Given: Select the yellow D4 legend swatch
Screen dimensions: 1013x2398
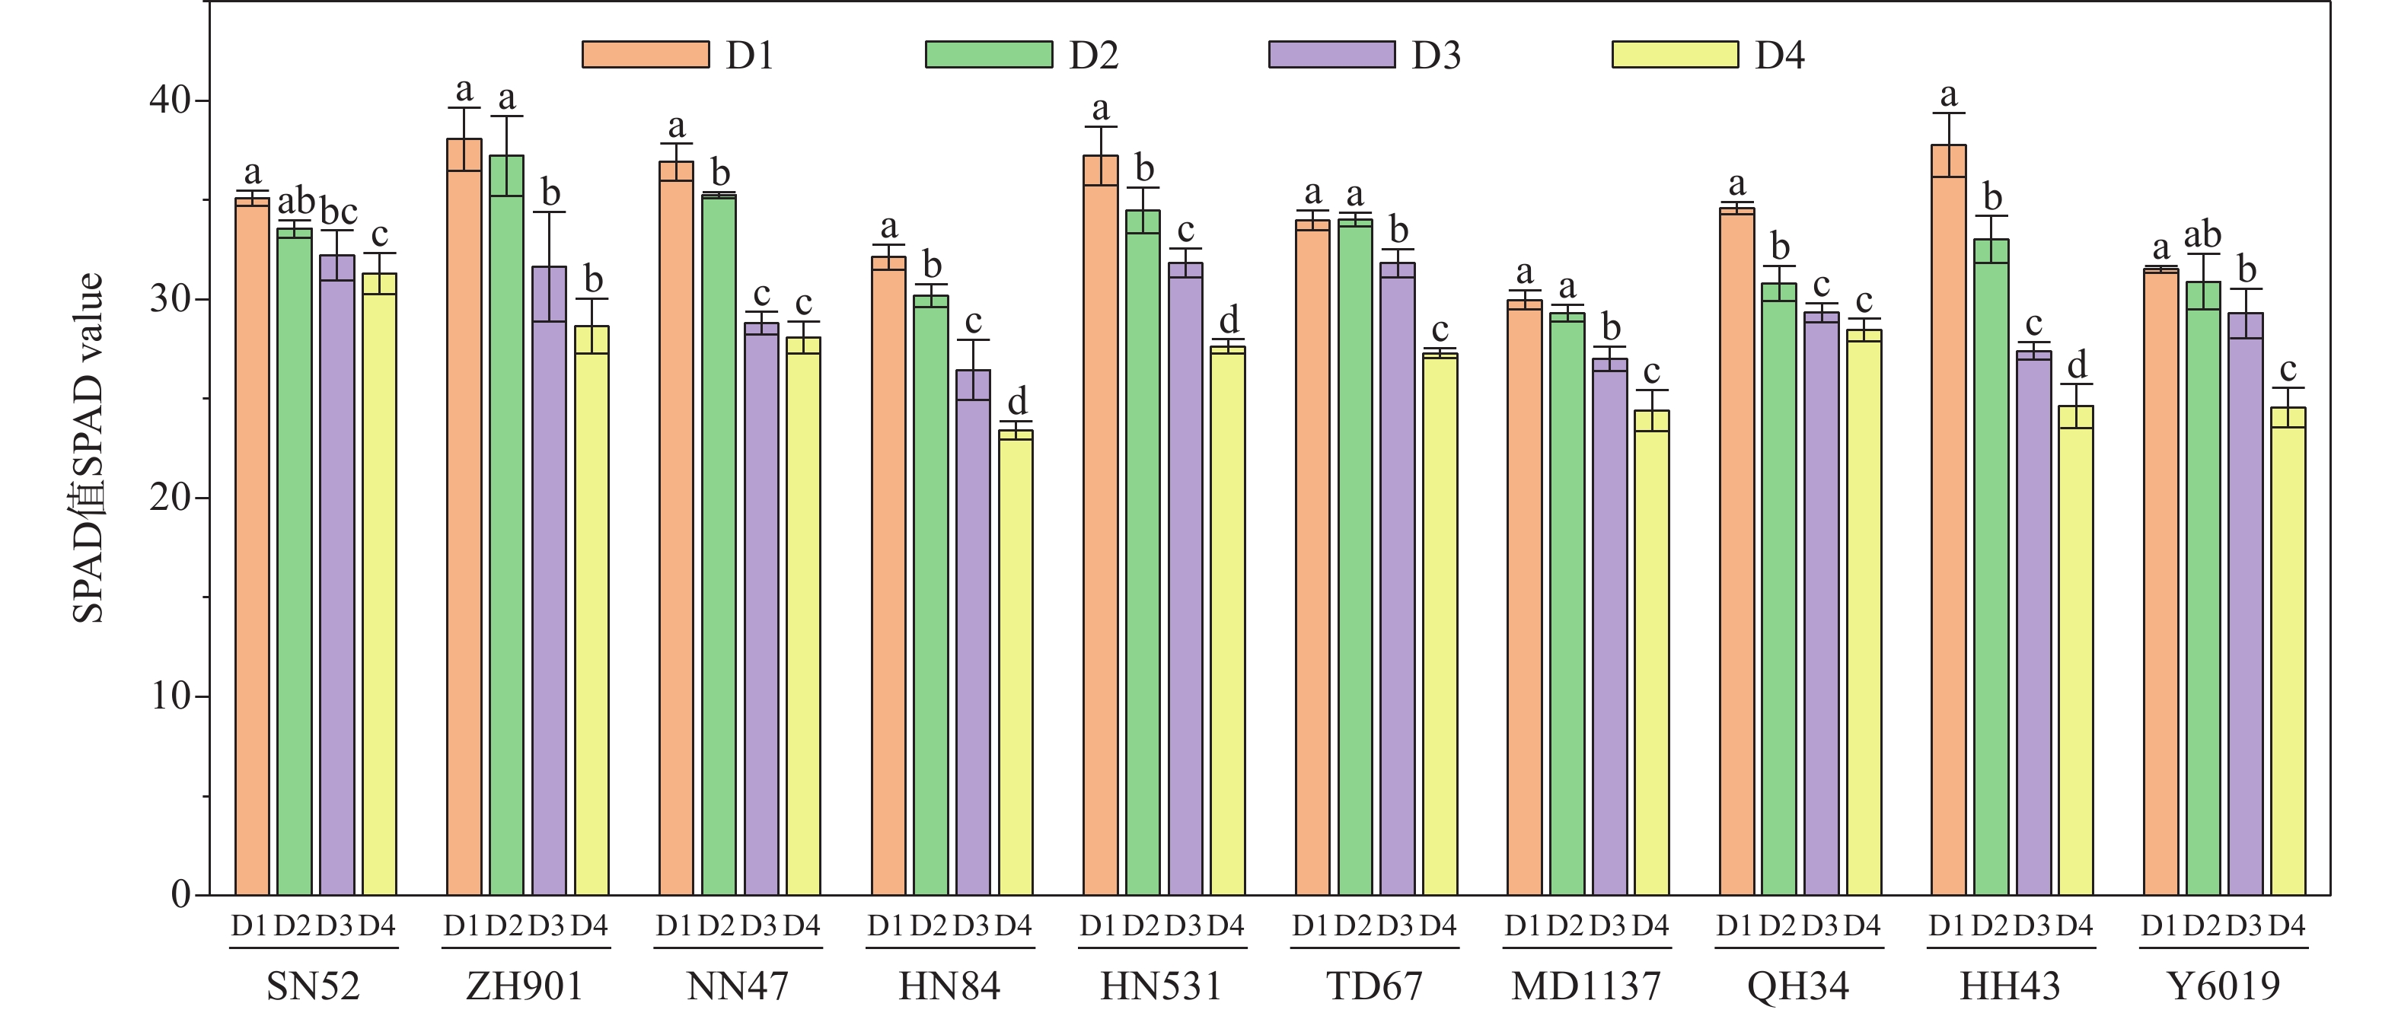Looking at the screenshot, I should point(1675,55).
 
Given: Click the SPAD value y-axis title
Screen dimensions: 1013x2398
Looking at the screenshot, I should point(88,447).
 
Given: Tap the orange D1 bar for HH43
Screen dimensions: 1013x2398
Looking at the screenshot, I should point(1948,521).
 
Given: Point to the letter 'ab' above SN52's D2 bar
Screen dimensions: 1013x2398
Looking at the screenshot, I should point(296,200).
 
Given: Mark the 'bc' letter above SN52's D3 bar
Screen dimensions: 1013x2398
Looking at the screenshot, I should point(339,212).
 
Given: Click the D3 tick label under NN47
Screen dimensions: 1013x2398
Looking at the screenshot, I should point(759,925).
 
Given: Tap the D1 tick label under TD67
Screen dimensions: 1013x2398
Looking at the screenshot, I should point(1311,925).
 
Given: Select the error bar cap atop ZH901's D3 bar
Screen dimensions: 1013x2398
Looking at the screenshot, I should point(549,212).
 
